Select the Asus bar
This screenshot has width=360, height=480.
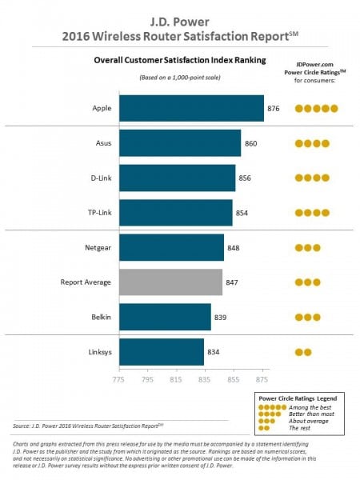point(180,143)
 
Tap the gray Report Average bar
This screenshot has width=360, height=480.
point(170,282)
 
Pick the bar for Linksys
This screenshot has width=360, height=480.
point(162,352)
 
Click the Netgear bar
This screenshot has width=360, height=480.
point(171,248)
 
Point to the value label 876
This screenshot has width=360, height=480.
point(274,108)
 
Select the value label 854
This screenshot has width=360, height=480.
point(242,213)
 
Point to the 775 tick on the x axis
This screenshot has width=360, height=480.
point(119,374)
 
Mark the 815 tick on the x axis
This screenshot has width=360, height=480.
point(177,374)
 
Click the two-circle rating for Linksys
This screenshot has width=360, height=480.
point(303,352)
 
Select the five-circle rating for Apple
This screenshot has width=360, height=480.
point(317,108)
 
